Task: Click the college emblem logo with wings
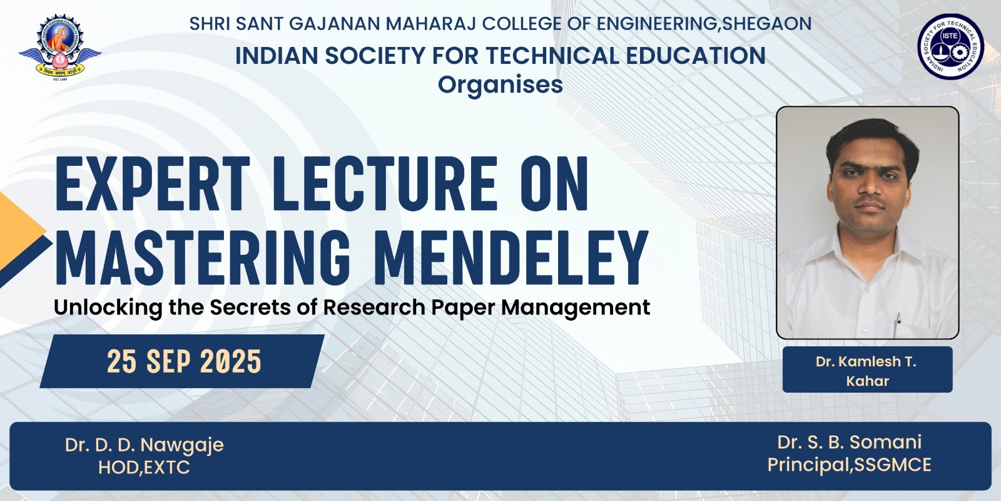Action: pos(60,47)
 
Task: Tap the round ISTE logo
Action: pos(950,46)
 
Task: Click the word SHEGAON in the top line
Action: pos(767,24)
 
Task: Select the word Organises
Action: pos(500,85)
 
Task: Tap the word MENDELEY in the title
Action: pos(511,257)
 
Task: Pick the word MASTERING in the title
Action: pos(202,257)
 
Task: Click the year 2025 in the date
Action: pos(231,361)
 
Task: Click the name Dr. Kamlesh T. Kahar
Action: pos(867,371)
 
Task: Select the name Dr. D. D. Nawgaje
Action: pos(145,445)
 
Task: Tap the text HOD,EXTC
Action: pos(144,467)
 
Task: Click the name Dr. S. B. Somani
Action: pos(849,442)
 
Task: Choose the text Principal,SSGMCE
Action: pos(849,465)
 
